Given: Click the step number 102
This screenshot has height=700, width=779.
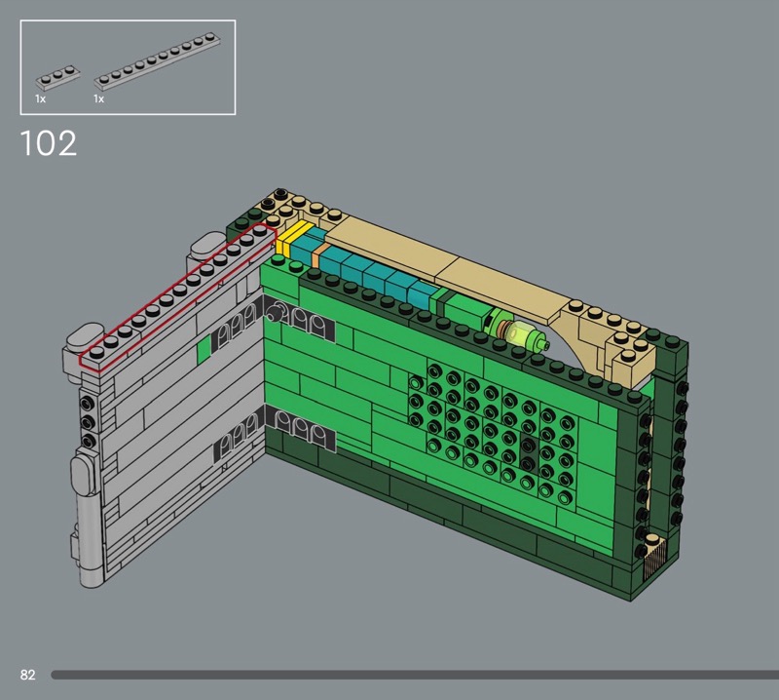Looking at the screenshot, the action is (49, 143).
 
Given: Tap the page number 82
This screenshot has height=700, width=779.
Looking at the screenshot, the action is (28, 675).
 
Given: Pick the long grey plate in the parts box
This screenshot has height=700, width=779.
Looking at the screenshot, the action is (158, 58).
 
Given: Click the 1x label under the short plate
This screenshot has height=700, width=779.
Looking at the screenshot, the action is (41, 99).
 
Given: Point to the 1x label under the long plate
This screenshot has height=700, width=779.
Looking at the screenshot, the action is (99, 99).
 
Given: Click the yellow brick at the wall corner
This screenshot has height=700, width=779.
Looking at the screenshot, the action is (293, 238).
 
